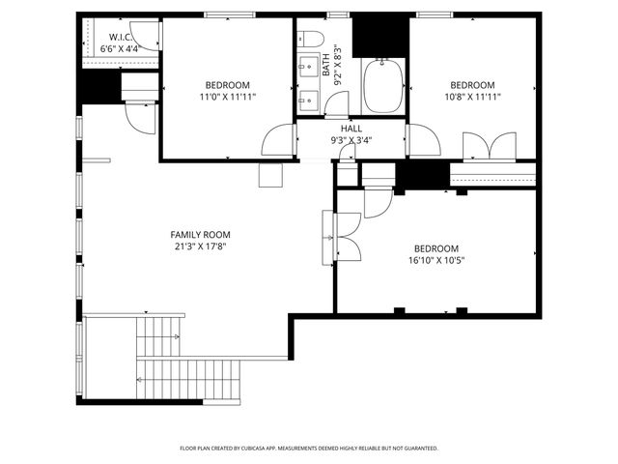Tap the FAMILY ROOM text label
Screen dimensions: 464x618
point(200,235)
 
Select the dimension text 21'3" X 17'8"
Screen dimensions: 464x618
point(200,246)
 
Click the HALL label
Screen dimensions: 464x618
point(351,129)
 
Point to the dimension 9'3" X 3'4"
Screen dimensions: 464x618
point(351,140)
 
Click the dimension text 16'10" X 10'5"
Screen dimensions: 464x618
point(436,260)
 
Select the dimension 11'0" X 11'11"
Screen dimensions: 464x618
point(227,97)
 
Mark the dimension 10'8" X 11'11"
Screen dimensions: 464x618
point(472,97)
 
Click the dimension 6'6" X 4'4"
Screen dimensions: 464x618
point(118,48)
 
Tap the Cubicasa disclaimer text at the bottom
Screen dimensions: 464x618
point(309,449)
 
